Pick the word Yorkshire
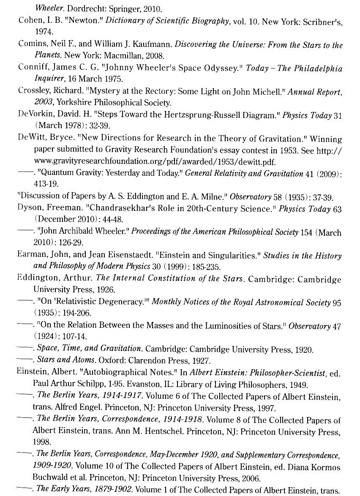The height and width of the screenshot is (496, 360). click(74, 102)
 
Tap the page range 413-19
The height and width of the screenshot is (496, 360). click(46, 184)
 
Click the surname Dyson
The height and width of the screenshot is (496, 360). click(29, 208)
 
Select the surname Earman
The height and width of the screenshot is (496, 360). click(31, 255)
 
